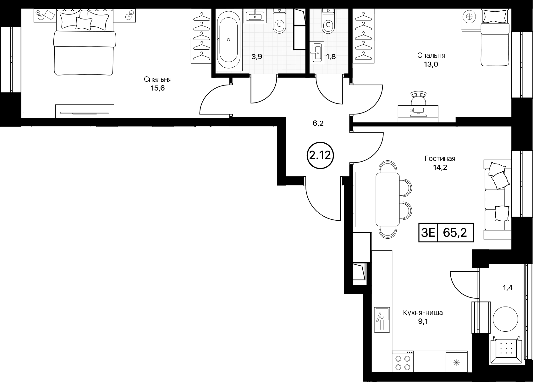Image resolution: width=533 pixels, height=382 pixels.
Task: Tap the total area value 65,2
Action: (455, 233)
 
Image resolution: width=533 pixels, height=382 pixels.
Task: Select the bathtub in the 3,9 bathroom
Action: (228, 40)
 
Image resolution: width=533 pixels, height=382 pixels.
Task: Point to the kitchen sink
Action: (382, 320)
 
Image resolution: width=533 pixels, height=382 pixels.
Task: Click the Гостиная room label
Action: (440, 158)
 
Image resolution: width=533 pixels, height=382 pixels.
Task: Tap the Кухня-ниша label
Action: (423, 313)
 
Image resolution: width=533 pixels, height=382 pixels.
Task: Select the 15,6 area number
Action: (157, 88)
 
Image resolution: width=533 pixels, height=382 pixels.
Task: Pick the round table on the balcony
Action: (505, 319)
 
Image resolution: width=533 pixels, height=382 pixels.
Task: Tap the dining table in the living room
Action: (387, 199)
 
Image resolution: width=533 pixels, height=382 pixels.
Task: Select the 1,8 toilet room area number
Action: (331, 57)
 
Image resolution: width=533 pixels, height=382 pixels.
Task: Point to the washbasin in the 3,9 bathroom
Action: (255, 16)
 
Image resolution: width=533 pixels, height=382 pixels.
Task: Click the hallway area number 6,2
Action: (318, 123)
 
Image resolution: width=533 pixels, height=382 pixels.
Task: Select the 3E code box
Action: (428, 233)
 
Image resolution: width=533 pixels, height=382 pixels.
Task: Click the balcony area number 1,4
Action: (508, 288)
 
